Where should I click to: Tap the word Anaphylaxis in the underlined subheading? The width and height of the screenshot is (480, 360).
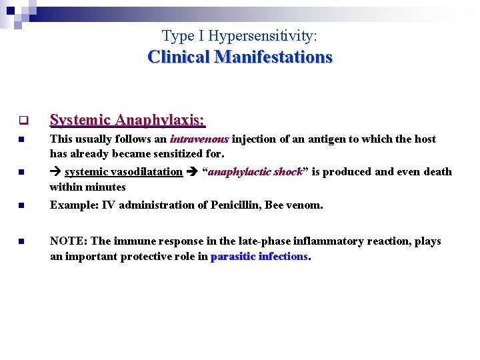(x=159, y=120)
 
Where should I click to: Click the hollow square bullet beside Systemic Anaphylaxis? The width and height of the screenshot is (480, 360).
(x=21, y=121)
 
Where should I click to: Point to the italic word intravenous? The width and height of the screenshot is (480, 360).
(x=199, y=139)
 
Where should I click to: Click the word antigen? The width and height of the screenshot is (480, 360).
(x=297, y=139)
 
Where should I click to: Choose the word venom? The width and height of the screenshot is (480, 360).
(x=305, y=205)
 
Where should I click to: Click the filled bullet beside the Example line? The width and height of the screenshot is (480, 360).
(x=21, y=206)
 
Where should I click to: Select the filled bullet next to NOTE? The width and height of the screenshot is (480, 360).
(x=21, y=242)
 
